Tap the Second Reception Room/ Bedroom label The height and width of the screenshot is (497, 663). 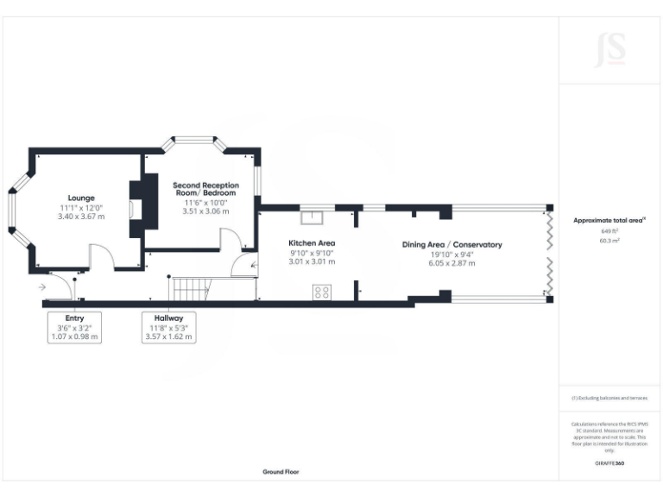[205, 190]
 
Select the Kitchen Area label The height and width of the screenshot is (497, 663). [312, 244]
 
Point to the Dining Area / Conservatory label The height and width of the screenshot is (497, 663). [451, 245]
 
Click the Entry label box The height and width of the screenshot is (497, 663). [75, 327]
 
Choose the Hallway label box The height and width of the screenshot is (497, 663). [170, 327]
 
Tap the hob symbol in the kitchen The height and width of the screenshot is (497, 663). [323, 293]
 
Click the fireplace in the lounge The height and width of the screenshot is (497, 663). [135, 208]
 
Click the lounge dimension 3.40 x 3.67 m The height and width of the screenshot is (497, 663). [80, 217]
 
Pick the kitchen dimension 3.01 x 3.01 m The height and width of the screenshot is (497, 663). [312, 261]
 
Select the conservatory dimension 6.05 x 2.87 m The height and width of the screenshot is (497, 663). [451, 262]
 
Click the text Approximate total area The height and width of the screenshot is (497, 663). [609, 221]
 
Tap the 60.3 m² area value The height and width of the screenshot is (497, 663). [609, 242]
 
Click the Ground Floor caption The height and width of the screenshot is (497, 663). [281, 472]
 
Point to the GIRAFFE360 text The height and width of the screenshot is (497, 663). [609, 463]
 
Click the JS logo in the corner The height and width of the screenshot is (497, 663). [609, 53]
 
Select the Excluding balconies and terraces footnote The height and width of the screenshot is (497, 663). [609, 398]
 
